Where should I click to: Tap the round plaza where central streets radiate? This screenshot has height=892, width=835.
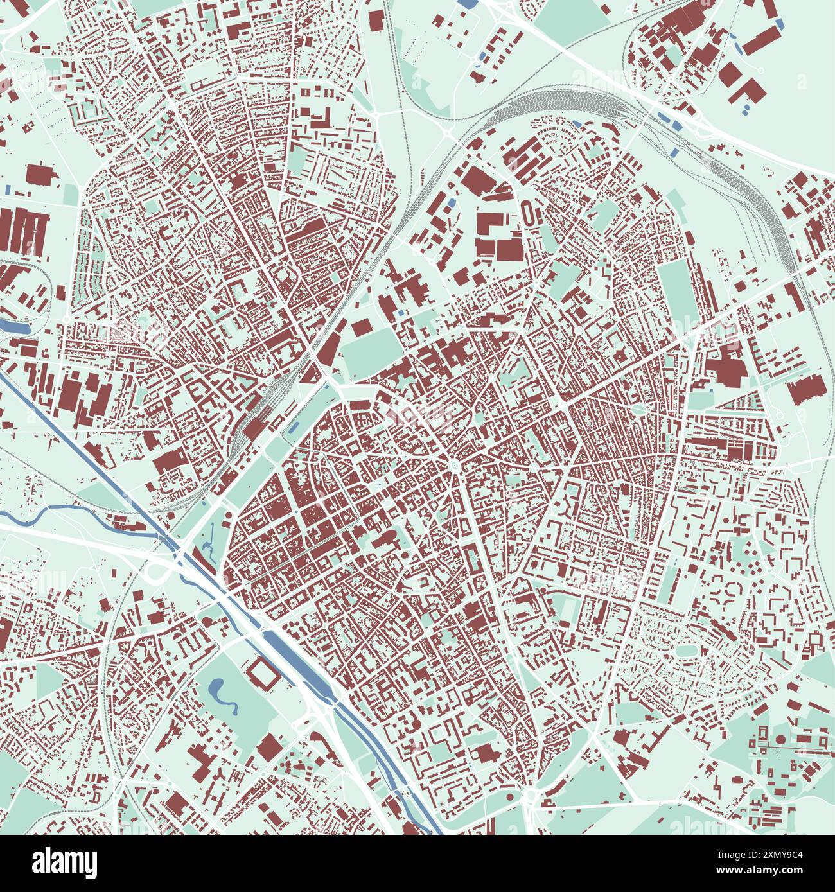point(455,466)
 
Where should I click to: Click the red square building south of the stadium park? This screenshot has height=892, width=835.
point(270,746)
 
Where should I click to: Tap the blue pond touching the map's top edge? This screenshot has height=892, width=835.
point(470,3)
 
